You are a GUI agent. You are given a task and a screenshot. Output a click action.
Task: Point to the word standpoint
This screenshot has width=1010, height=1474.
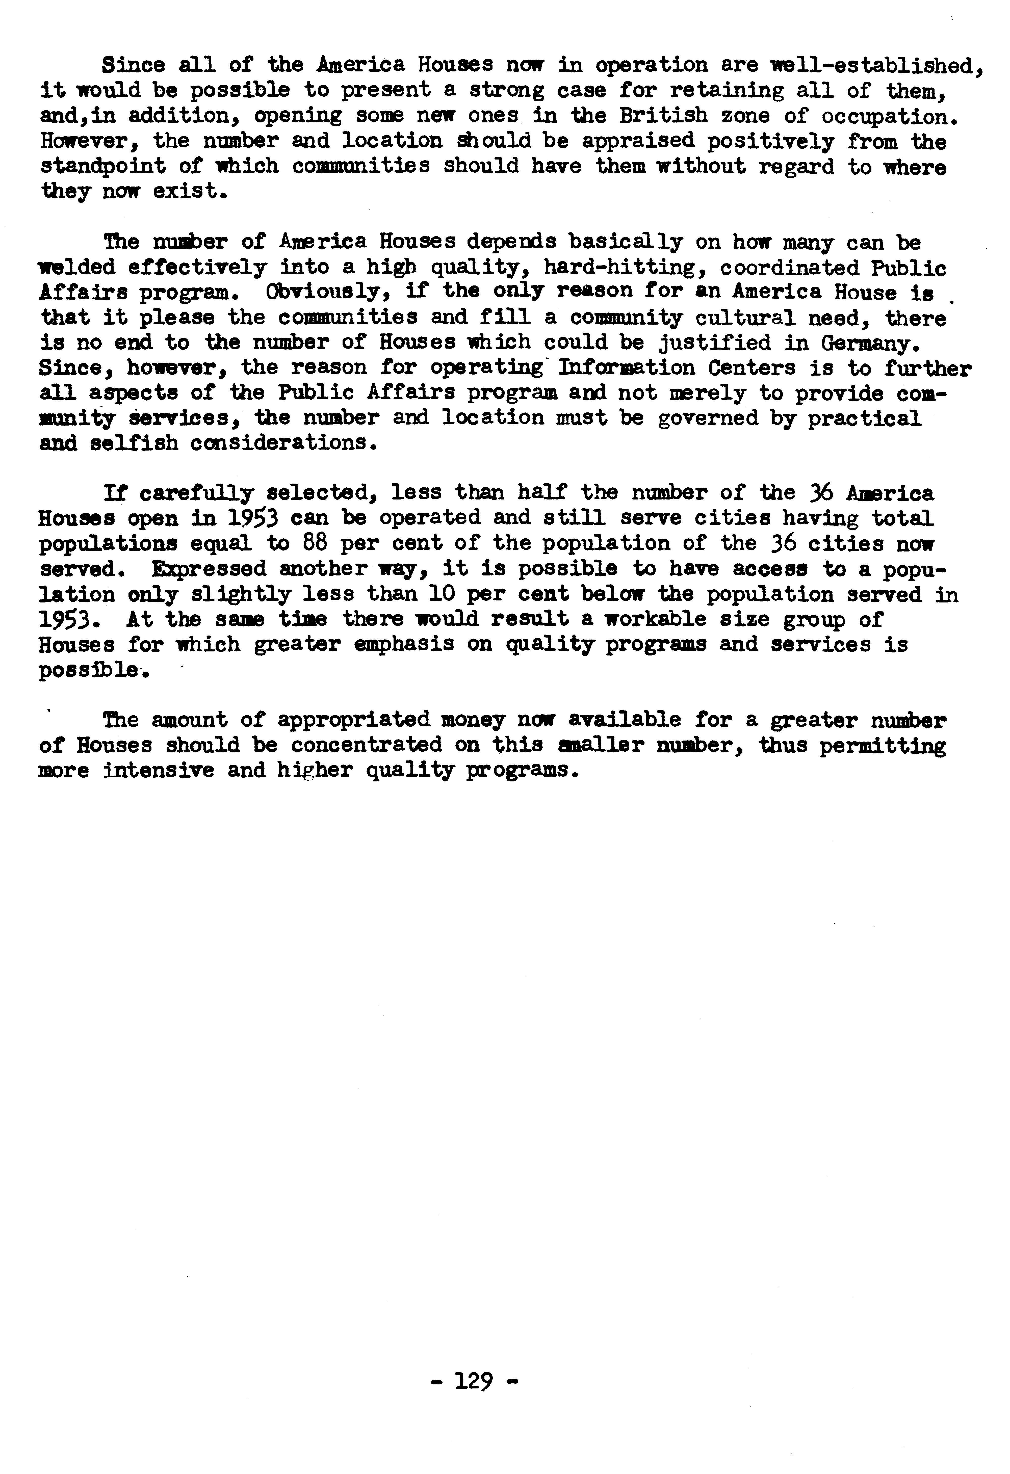coord(103,166)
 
